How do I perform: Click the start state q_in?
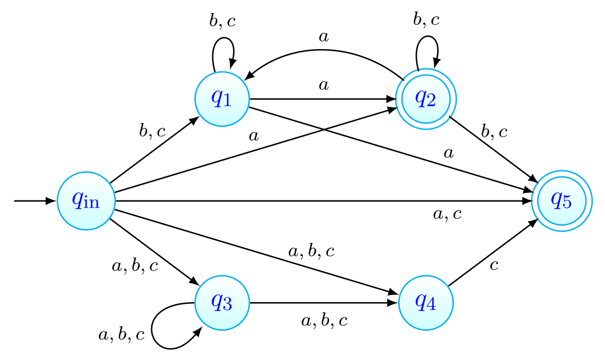coord(86,200)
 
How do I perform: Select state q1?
coord(222,98)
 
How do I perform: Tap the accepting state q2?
coord(426,99)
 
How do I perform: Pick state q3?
coord(222,303)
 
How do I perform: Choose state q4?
coord(426,303)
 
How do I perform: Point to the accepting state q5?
coord(561,200)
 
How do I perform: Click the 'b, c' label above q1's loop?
coord(223,22)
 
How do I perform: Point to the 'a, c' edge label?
coord(447,214)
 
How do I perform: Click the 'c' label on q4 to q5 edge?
coord(494,266)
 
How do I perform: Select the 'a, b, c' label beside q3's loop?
coord(121,335)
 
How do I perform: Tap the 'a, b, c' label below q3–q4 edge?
coord(324,320)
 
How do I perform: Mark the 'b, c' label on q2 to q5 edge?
coord(494,131)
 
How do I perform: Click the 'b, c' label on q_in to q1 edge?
coord(153,131)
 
